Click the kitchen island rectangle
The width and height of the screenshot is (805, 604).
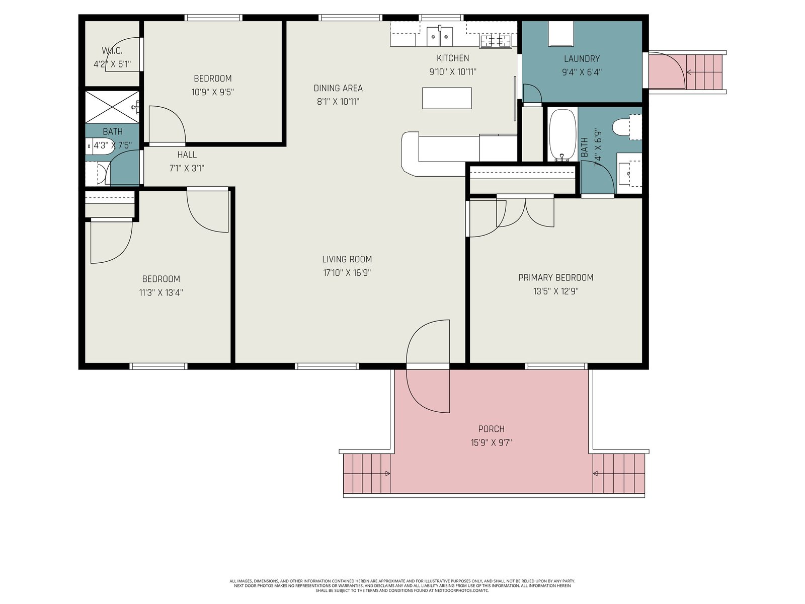tap(446, 98)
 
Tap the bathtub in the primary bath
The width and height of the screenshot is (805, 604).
tap(561, 135)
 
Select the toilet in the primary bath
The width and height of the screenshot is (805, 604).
tap(627, 127)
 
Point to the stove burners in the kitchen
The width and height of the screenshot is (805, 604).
tap(496, 41)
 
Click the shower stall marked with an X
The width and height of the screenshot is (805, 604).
tap(112, 107)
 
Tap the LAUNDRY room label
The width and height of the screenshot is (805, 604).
tap(582, 59)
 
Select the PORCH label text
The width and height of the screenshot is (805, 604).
tap(491, 429)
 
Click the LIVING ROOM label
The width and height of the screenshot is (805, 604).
tap(347, 259)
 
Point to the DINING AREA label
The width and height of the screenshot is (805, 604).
tap(338, 88)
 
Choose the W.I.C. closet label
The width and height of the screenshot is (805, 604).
tap(112, 51)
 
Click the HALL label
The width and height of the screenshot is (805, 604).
tap(187, 155)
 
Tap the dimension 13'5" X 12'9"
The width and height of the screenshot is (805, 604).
tap(555, 291)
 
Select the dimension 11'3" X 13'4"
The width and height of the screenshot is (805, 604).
tap(160, 292)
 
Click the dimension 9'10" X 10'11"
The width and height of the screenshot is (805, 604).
tap(452, 71)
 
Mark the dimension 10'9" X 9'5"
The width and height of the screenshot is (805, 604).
tap(212, 92)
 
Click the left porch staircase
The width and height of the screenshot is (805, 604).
tap(366, 474)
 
